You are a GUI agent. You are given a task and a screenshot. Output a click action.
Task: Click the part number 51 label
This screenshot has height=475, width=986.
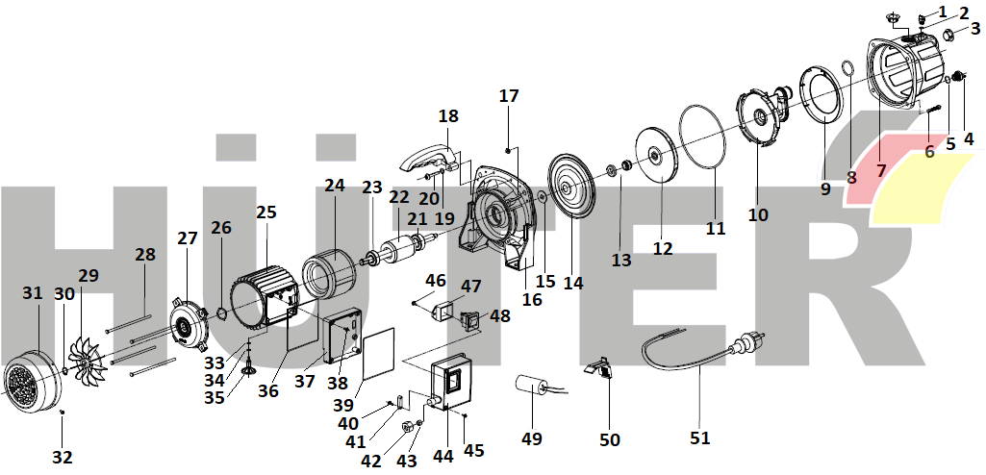pos(699,438)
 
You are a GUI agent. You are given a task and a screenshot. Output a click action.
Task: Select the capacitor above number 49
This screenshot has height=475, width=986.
pos(530,388)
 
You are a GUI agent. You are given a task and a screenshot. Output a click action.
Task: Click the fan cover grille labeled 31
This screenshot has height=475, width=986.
pos(28,382)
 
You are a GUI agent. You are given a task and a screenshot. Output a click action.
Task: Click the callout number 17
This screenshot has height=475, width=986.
pos(509,96)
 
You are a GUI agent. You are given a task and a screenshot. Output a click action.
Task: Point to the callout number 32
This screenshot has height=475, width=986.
pos(63,458)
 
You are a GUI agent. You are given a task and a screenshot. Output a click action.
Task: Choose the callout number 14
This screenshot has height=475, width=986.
pos(573,284)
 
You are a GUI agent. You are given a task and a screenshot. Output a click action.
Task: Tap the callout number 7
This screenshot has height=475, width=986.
pos(880,171)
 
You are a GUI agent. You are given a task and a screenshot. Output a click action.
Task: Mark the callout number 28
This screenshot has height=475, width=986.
pos(144,256)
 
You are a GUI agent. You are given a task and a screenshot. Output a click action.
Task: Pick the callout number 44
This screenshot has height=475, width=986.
pos(442,457)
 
